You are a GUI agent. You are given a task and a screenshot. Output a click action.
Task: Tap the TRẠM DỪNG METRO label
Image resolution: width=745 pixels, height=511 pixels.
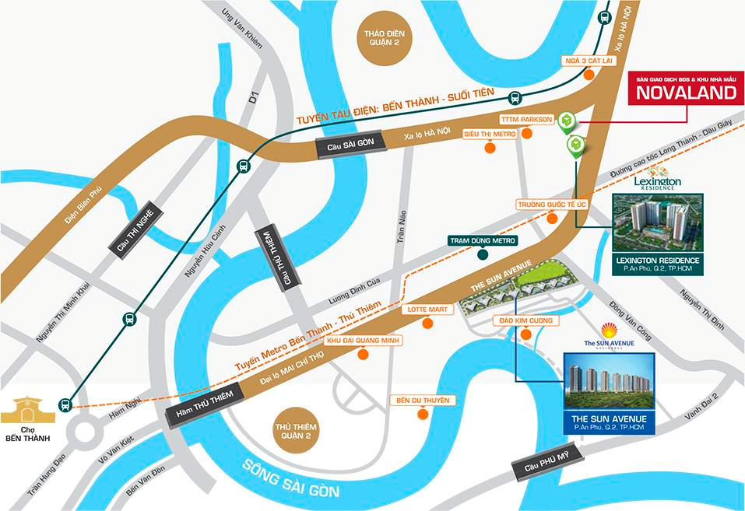click(483, 241)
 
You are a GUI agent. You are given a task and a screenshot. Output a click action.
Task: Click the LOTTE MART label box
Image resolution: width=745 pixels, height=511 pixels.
click(427, 309)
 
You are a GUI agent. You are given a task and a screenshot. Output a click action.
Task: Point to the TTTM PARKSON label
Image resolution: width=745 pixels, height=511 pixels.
click(526, 119)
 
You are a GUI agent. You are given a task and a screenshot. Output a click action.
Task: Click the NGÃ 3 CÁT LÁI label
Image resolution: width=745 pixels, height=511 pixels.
click(590, 60)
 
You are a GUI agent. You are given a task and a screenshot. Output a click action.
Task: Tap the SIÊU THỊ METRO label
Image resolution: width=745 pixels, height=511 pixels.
click(490, 134)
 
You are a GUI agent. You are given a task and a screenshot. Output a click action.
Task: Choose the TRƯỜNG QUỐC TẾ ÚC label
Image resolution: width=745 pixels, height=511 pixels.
click(551, 204)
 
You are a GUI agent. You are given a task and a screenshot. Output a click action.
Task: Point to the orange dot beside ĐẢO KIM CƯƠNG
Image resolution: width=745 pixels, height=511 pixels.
click(526, 335)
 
